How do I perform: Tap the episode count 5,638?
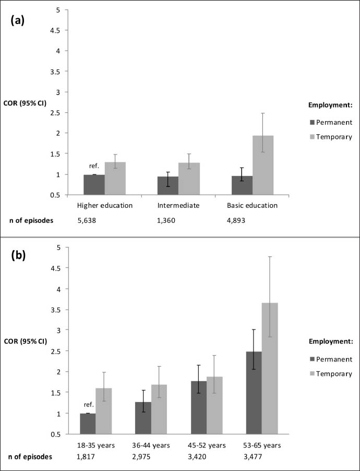[87, 220]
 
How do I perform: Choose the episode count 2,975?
[142, 457]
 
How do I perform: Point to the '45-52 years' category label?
[208, 445]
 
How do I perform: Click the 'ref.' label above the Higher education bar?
[94, 166]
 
